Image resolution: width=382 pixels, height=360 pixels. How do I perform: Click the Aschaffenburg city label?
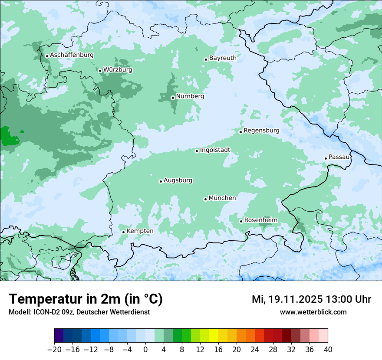(x=72, y=55)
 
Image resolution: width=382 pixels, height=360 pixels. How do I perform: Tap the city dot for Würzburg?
(x=100, y=71)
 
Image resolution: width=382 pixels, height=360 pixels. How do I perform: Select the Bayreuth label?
(x=223, y=58)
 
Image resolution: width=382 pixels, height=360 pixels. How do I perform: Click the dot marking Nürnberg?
(x=173, y=98)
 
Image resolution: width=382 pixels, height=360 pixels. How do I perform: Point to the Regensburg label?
(x=261, y=130)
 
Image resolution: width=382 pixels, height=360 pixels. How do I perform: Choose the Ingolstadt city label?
(x=215, y=150)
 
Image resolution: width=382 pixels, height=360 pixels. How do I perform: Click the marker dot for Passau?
(x=326, y=158)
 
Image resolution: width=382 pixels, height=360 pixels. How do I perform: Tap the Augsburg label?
(x=178, y=180)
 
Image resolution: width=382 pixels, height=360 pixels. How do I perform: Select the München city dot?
(x=205, y=199)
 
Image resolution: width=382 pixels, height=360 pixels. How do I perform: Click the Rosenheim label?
(x=260, y=220)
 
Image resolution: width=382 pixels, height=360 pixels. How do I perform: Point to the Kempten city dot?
(x=123, y=232)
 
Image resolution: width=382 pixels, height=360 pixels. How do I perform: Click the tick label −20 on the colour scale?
(x=55, y=350)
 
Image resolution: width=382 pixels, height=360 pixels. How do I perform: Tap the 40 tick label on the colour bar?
(x=328, y=350)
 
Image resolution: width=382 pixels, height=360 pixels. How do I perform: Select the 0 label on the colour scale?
(x=145, y=350)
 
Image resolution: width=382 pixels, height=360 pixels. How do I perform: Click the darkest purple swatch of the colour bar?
(x=59, y=336)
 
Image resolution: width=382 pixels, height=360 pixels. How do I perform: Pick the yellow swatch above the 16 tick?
(x=214, y=336)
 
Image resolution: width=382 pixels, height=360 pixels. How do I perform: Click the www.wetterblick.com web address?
(x=313, y=312)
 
